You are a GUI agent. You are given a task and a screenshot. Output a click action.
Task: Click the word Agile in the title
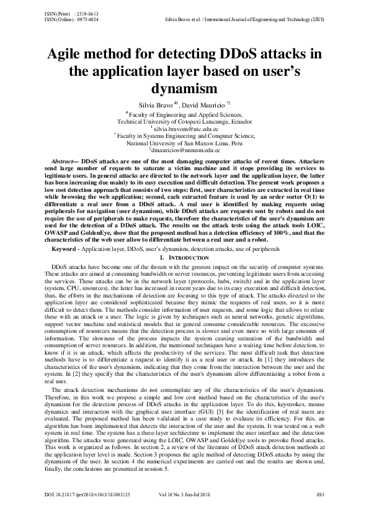click(x=69, y=53)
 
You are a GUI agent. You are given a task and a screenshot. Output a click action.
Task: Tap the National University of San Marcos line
click(x=184, y=143)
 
